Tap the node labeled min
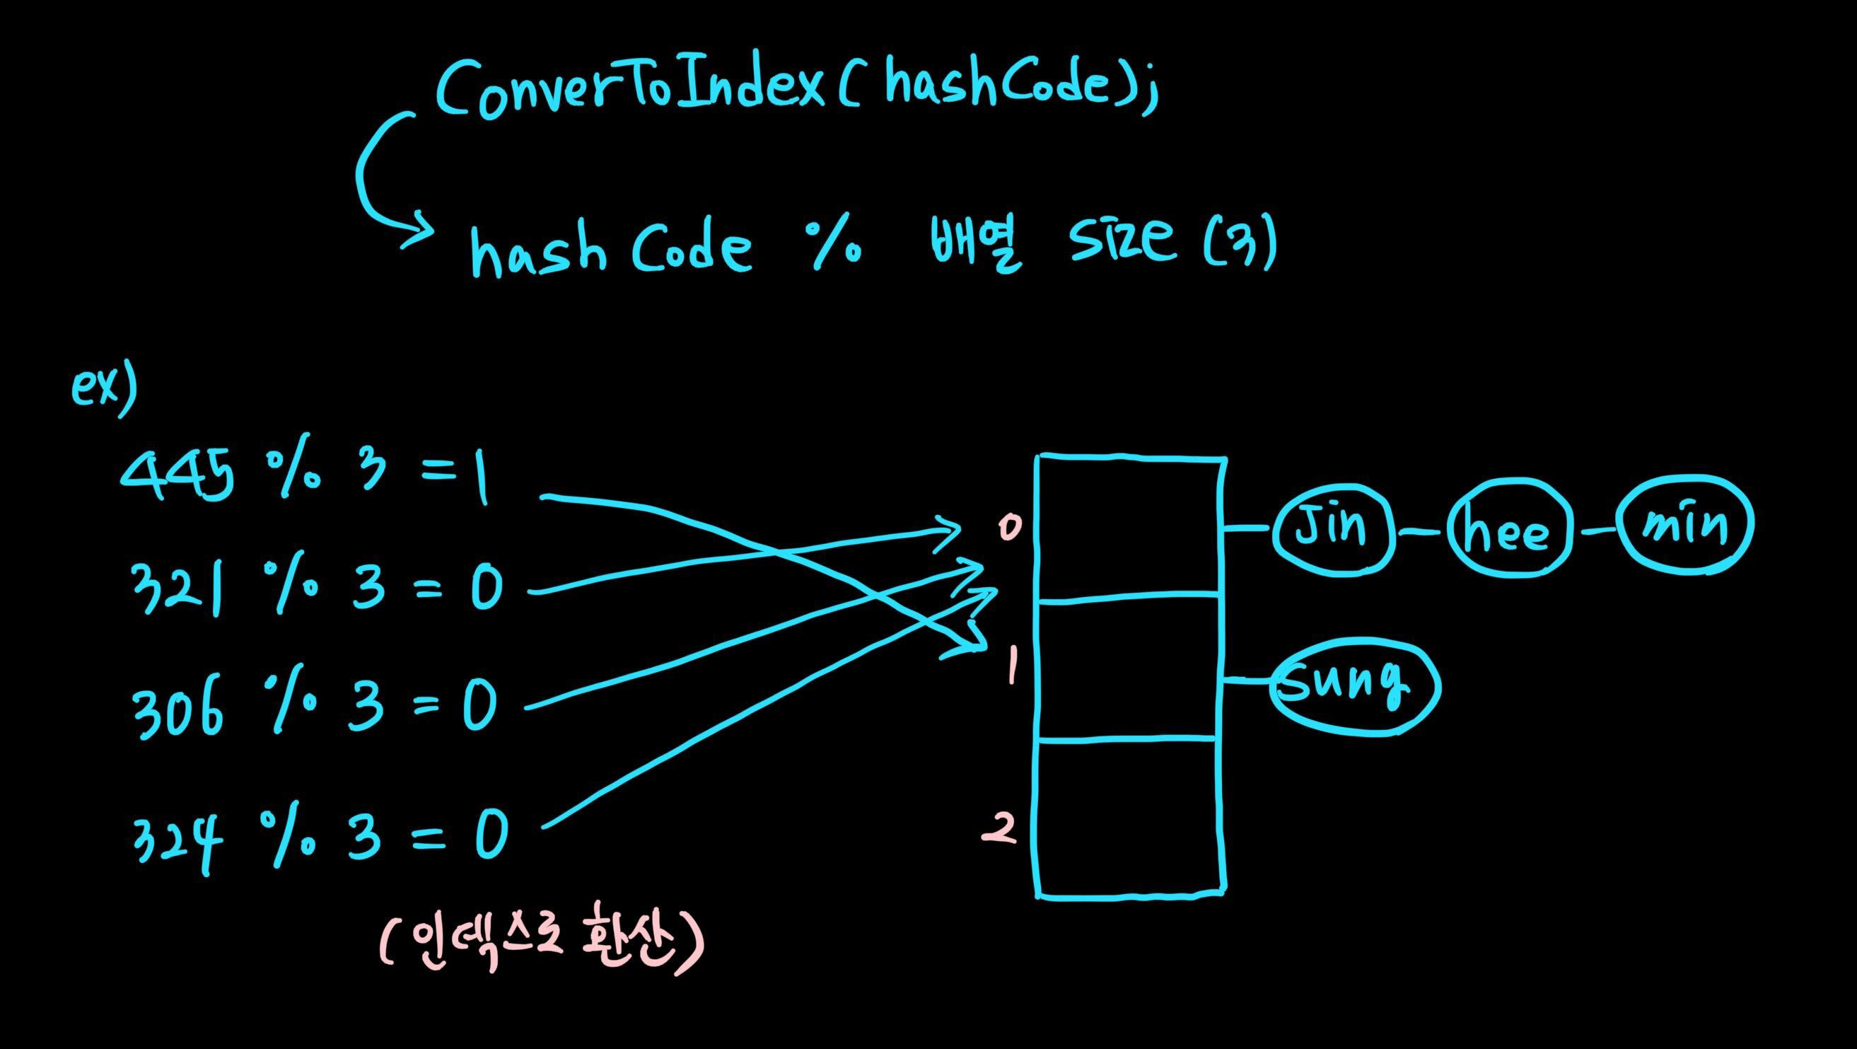click(x=1685, y=526)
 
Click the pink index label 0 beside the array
click(x=1010, y=528)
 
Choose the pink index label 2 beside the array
click(x=1001, y=830)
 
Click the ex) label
click(x=104, y=389)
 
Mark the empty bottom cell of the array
click(x=1130, y=818)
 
